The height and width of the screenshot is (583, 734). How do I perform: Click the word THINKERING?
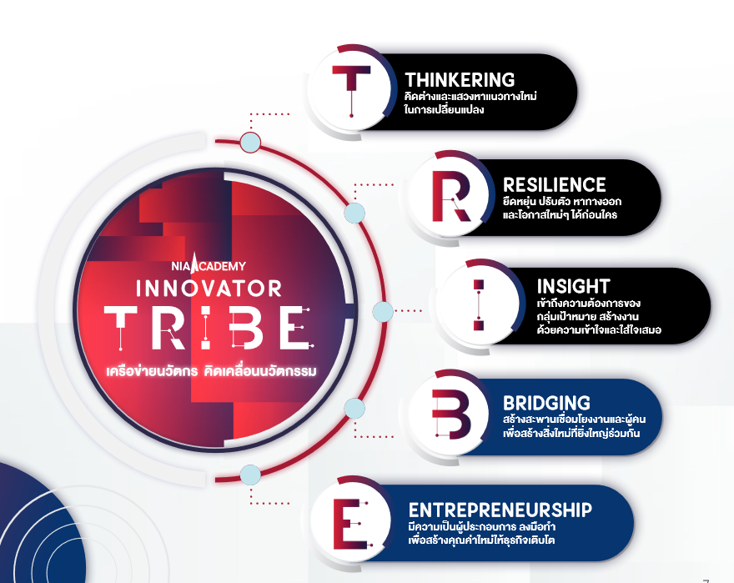(x=460, y=80)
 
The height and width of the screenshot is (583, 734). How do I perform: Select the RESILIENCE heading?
(x=554, y=185)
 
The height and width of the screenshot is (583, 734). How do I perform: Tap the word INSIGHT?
(x=574, y=286)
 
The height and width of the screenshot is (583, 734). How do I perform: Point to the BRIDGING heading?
(x=546, y=403)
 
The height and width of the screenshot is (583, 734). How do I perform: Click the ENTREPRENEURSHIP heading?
(x=500, y=510)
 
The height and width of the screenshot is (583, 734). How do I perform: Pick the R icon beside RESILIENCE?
(x=451, y=196)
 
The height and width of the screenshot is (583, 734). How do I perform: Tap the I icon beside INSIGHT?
(x=479, y=305)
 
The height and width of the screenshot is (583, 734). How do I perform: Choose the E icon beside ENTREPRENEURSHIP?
(x=351, y=524)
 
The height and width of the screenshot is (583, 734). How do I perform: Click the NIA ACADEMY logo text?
(x=209, y=265)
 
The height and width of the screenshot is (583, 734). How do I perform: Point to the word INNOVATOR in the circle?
(x=209, y=289)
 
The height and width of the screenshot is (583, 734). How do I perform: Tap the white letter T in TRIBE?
(x=120, y=328)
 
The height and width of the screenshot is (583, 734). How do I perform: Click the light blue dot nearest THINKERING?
(x=250, y=143)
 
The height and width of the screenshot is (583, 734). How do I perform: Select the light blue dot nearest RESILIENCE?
(x=354, y=213)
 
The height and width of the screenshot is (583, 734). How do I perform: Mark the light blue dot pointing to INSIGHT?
(x=383, y=311)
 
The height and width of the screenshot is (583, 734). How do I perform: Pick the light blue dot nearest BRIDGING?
(x=354, y=409)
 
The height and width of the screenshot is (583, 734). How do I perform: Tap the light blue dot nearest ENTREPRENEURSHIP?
(x=250, y=475)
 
